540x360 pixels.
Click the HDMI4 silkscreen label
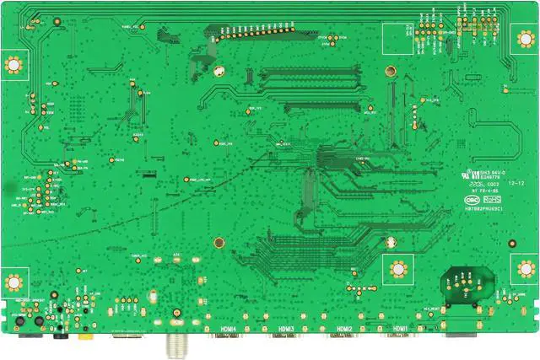click(227, 329)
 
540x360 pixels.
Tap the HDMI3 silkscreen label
click(284, 329)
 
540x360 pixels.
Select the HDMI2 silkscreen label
click(343, 329)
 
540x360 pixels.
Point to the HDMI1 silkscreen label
click(401, 329)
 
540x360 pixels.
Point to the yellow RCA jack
click(84, 336)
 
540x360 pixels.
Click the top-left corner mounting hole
click(13, 64)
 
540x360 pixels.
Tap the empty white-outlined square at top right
click(394, 36)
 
